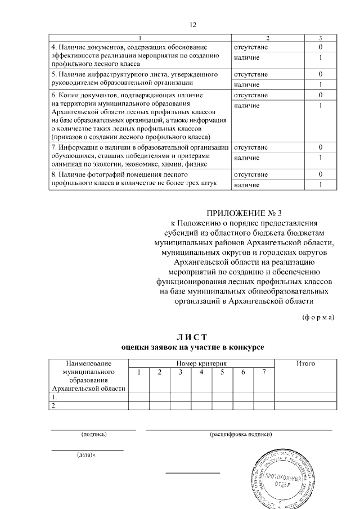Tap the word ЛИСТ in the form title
click(x=192, y=337)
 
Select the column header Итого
click(x=305, y=364)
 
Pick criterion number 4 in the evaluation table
click(x=201, y=372)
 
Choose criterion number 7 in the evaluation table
click(x=263, y=372)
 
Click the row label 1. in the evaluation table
click(x=54, y=397)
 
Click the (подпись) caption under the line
click(x=93, y=434)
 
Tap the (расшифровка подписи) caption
click(x=240, y=434)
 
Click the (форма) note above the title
click(x=318, y=317)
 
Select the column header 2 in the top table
click(x=268, y=38)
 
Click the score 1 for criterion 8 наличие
click(x=319, y=184)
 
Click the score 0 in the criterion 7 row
click(x=319, y=147)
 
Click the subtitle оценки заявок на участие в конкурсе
click(x=192, y=348)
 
